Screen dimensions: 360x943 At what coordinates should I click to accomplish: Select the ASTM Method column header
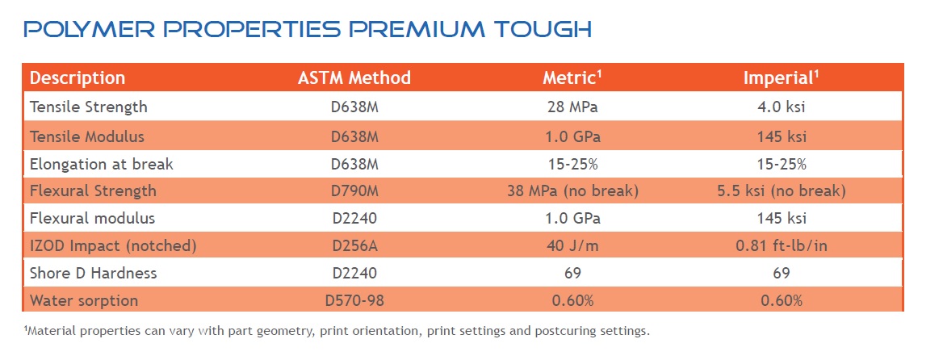click(354, 78)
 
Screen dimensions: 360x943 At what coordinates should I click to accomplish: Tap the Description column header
click(78, 78)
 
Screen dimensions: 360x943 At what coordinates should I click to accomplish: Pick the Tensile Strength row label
click(89, 107)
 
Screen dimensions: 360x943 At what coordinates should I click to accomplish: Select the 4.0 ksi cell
click(781, 107)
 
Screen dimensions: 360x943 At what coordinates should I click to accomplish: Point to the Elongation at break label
click(102, 164)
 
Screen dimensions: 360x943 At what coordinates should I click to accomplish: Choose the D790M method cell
click(354, 191)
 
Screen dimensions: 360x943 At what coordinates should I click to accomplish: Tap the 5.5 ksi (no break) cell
click(781, 191)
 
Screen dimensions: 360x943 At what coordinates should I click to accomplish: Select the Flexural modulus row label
click(92, 218)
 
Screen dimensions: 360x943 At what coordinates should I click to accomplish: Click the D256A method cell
click(354, 245)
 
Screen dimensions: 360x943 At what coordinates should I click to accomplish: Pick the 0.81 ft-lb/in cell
click(781, 245)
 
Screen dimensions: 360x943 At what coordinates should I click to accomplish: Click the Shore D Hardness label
click(94, 273)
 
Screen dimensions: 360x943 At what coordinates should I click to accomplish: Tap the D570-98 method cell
click(354, 300)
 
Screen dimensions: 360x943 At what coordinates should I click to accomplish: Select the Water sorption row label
click(84, 300)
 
